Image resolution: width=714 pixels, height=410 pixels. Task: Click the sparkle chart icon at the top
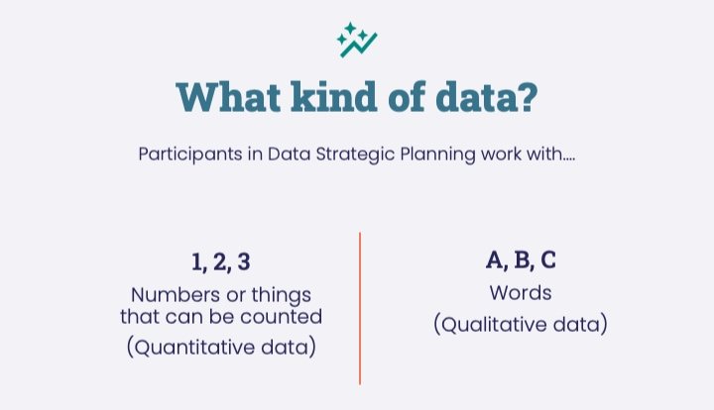click(357, 40)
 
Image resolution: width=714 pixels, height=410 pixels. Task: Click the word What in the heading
click(226, 99)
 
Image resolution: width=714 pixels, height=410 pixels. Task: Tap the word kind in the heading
click(329, 99)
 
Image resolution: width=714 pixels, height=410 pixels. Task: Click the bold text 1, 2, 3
click(220, 262)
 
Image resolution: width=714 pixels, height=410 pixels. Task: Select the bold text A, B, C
click(521, 260)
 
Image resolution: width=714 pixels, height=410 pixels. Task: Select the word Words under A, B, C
click(520, 293)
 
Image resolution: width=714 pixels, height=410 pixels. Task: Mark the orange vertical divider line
click(359, 308)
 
